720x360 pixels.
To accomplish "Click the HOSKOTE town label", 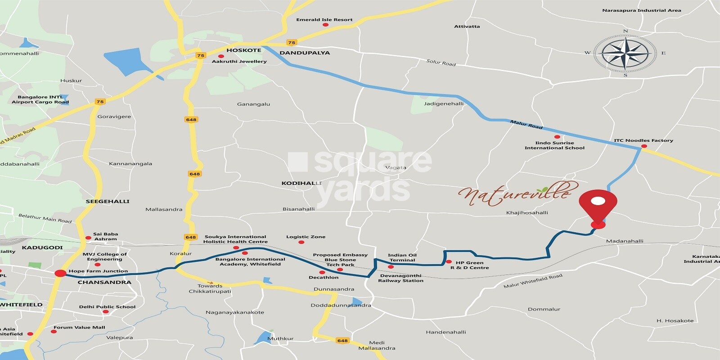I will pyautogui.click(x=243, y=50).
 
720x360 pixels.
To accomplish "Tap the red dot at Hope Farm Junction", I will pyautogui.click(x=60, y=273).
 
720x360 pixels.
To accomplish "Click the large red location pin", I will pyautogui.click(x=598, y=207).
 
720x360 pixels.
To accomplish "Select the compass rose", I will pyautogui.click(x=625, y=53).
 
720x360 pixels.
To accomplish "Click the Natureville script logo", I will pyautogui.click(x=515, y=194).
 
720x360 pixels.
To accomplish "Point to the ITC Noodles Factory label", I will pyautogui.click(x=643, y=140).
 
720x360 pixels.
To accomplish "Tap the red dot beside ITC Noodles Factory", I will pyautogui.click(x=644, y=146).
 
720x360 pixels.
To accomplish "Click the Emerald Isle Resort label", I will pyautogui.click(x=324, y=20).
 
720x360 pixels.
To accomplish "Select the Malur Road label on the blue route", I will pyautogui.click(x=526, y=125).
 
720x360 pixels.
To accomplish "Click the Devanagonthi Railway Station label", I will pyautogui.click(x=400, y=278).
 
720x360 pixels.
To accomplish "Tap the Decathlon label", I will pyautogui.click(x=324, y=278).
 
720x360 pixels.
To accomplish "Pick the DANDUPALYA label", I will pyautogui.click(x=305, y=53).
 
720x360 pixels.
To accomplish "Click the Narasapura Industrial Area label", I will pyautogui.click(x=641, y=10).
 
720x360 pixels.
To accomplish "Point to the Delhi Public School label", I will pyautogui.click(x=107, y=307).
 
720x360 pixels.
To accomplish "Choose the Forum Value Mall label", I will pyautogui.click(x=79, y=328).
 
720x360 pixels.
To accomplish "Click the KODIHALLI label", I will pyautogui.click(x=301, y=183).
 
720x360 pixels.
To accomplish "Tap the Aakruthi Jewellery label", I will pyautogui.click(x=239, y=62).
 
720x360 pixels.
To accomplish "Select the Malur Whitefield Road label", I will pyautogui.click(x=533, y=281).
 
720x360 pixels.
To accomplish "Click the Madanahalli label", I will pyautogui.click(x=625, y=241).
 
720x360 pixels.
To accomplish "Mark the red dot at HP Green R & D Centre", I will pyautogui.click(x=449, y=262).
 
